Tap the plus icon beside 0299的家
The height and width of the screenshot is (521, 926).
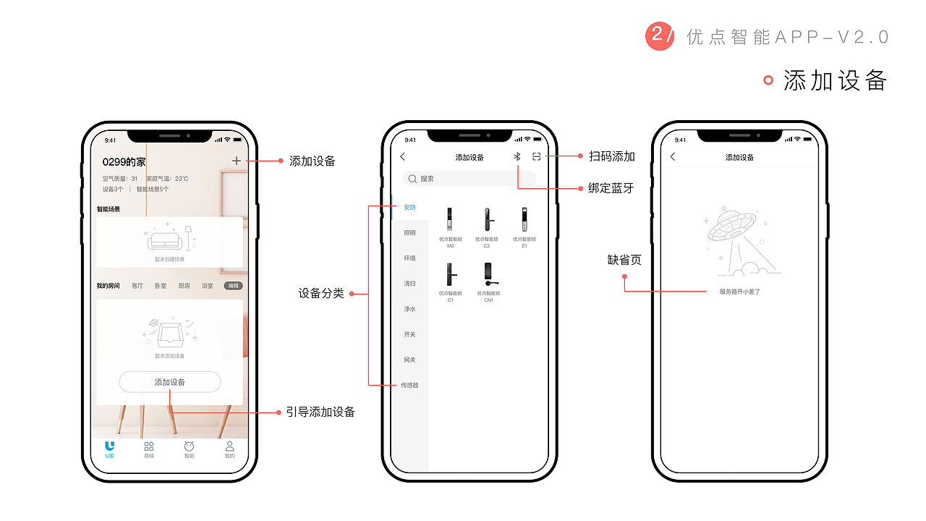237,161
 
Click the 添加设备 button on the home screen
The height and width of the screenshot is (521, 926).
169,382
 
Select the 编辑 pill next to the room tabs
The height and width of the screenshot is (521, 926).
233,286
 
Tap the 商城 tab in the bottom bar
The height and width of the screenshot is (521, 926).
149,449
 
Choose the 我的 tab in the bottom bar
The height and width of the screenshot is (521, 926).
229,449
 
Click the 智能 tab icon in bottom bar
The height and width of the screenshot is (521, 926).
189,447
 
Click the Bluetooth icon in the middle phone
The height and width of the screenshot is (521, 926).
517,157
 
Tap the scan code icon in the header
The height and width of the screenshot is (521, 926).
536,157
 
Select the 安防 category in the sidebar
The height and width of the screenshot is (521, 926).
409,208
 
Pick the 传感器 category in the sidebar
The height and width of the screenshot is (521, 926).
409,385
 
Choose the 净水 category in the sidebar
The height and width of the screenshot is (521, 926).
409,309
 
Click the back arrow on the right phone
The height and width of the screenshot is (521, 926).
673,157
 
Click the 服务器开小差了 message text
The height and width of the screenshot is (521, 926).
739,292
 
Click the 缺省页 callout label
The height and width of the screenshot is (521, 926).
624,260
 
